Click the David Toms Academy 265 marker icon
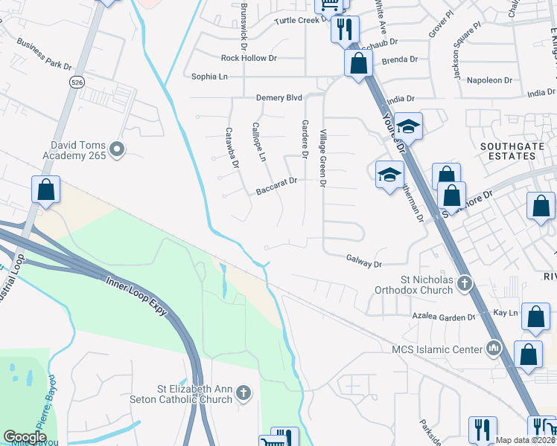click(116, 151)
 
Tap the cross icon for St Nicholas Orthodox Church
click(465, 282)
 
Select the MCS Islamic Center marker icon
click(493, 347)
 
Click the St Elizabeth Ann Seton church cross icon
click(243, 393)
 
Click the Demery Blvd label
click(279, 97)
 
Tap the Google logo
click(25, 437)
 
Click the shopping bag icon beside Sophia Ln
click(358, 63)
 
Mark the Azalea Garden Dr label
click(444, 317)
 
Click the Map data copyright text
click(525, 440)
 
